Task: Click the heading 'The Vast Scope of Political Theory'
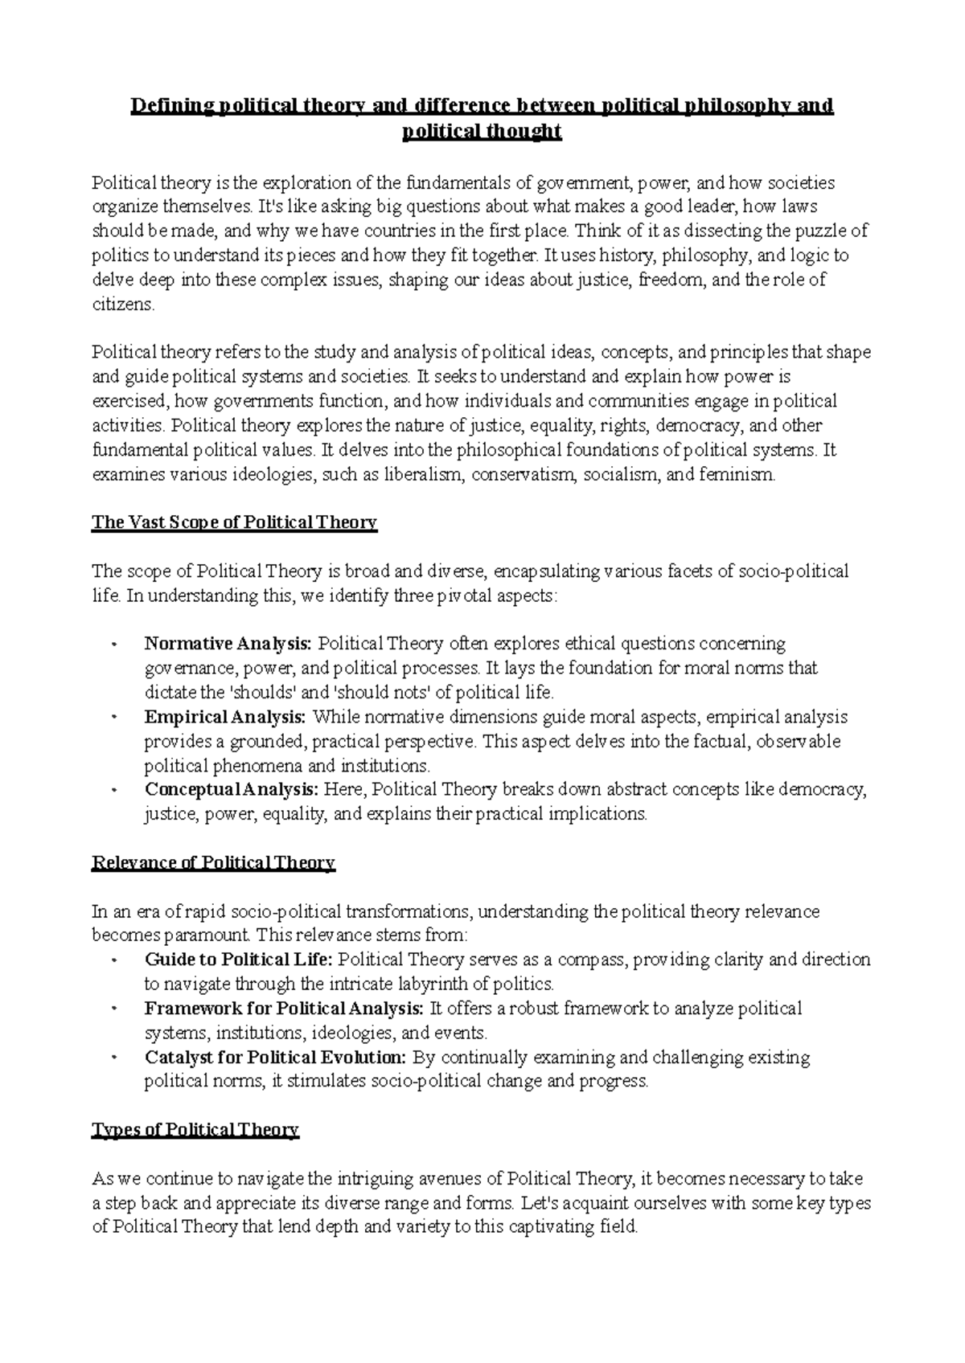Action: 234,523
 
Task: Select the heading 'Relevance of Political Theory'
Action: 213,863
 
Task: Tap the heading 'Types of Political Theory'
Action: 195,1131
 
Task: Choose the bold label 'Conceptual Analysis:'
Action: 232,789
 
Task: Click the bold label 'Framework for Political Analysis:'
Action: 285,1009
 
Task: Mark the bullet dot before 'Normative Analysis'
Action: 116,645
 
